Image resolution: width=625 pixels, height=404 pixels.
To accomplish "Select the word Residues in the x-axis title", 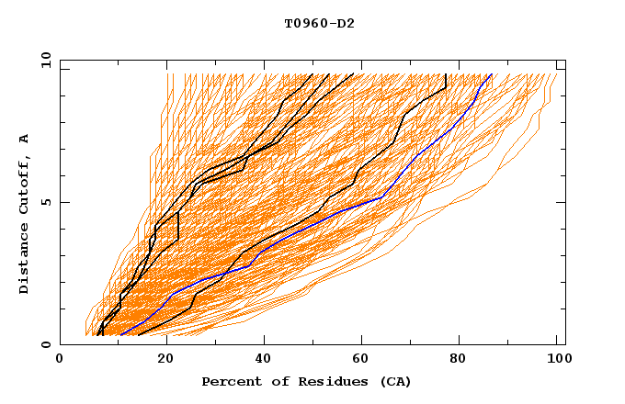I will click(x=316, y=381).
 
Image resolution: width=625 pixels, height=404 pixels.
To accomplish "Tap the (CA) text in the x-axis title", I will click(x=393, y=381).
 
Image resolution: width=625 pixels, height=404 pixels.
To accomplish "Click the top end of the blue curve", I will click(x=492, y=74).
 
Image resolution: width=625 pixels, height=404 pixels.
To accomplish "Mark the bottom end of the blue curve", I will click(x=120, y=335).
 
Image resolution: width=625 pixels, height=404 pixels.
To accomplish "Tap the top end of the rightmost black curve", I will click(x=446, y=74).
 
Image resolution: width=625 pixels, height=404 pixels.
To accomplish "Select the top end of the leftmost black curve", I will click(x=312, y=74).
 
